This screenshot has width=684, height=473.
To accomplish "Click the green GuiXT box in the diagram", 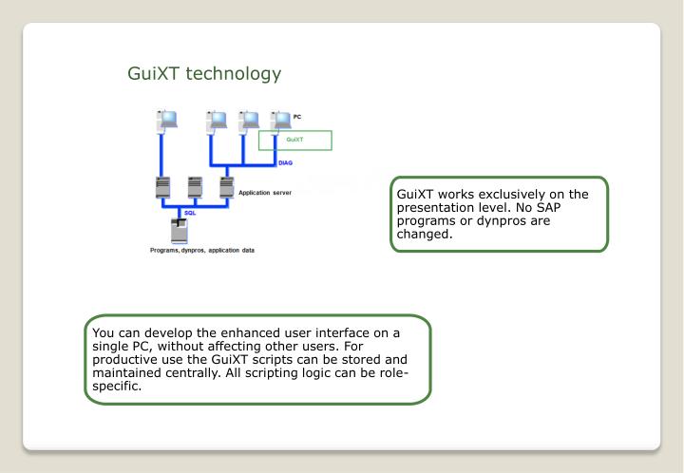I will (294, 141).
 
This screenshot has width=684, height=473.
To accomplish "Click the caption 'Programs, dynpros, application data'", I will (198, 251).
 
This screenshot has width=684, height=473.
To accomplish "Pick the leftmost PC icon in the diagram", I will (167, 123).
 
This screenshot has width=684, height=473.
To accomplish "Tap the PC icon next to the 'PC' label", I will (279, 123).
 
